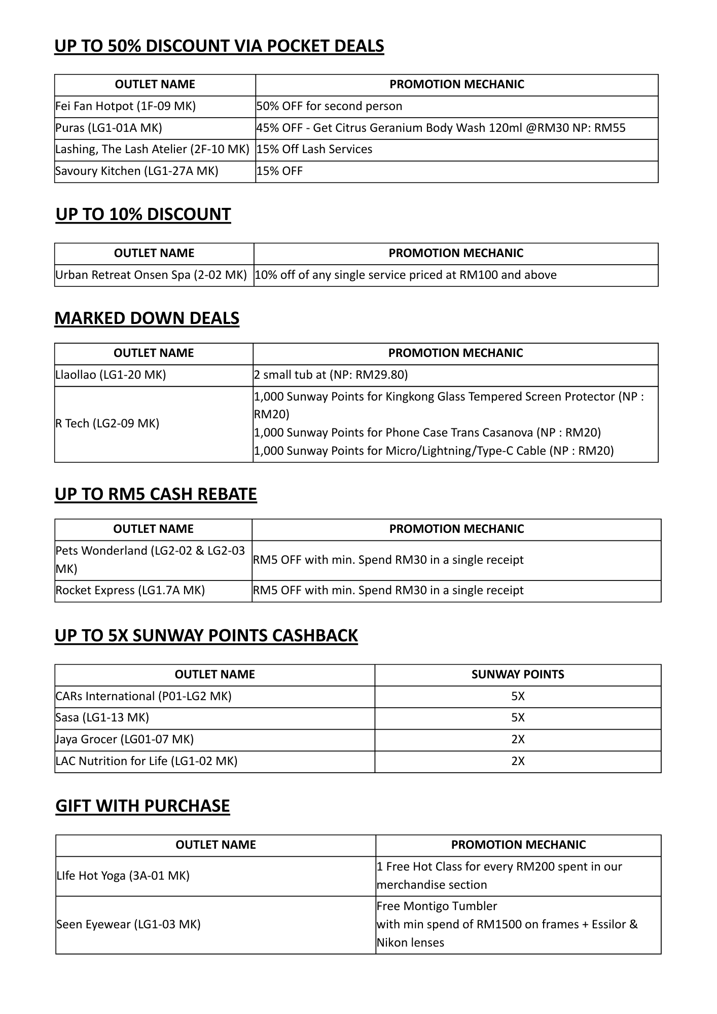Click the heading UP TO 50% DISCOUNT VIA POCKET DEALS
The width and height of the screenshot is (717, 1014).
(x=219, y=46)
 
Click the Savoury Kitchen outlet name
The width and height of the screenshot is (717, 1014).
(x=136, y=171)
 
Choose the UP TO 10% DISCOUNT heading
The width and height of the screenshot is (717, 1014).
(x=143, y=214)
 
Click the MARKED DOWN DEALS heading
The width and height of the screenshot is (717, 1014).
(x=147, y=318)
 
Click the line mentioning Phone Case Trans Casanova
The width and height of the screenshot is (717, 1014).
(x=427, y=433)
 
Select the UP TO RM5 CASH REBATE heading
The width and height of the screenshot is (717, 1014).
(x=156, y=494)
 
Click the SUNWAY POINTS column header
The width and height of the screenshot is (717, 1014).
(x=517, y=675)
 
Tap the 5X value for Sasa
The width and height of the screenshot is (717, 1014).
(x=518, y=718)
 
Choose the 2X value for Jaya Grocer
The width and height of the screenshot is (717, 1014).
(x=518, y=740)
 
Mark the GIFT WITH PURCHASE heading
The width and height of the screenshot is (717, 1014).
(x=142, y=806)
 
